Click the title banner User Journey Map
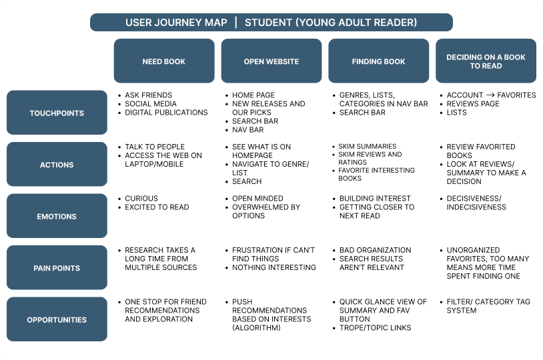pos(271,23)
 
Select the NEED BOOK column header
pos(164,61)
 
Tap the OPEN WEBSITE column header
pos(271,61)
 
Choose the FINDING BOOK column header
pos(378,61)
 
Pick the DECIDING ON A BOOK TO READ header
pos(486,61)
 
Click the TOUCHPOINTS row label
pos(57,113)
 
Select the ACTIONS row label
pos(57,165)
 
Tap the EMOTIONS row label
pos(57,217)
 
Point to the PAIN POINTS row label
pos(57,268)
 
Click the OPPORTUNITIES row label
pos(57,320)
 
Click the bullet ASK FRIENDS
pos(148,95)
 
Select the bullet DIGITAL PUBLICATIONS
pos(166,113)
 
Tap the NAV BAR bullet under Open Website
pos(247,130)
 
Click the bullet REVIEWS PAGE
pos(473,104)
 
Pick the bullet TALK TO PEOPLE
pos(155,147)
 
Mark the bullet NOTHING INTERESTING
pos(274,267)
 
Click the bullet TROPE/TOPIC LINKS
pos(375,327)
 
